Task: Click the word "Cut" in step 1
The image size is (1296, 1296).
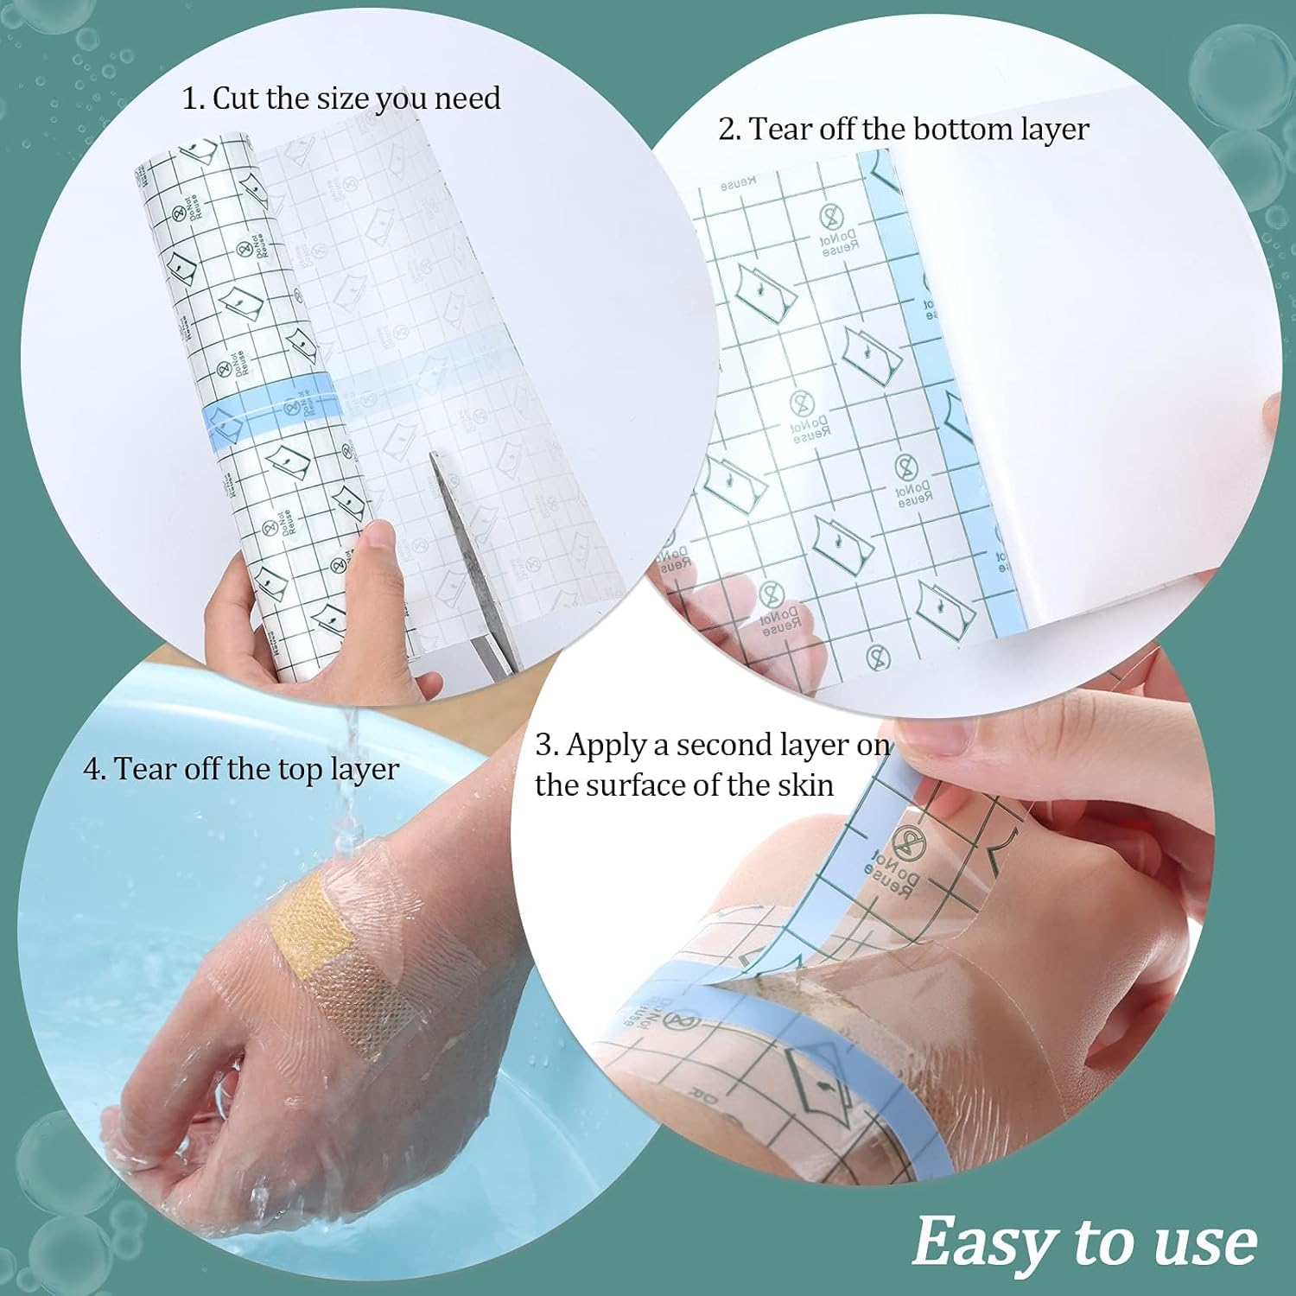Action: (x=236, y=98)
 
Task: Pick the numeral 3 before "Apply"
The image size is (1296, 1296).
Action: (x=543, y=746)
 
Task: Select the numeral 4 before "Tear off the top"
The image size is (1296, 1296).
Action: (x=92, y=770)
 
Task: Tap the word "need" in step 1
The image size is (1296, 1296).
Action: (x=467, y=98)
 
